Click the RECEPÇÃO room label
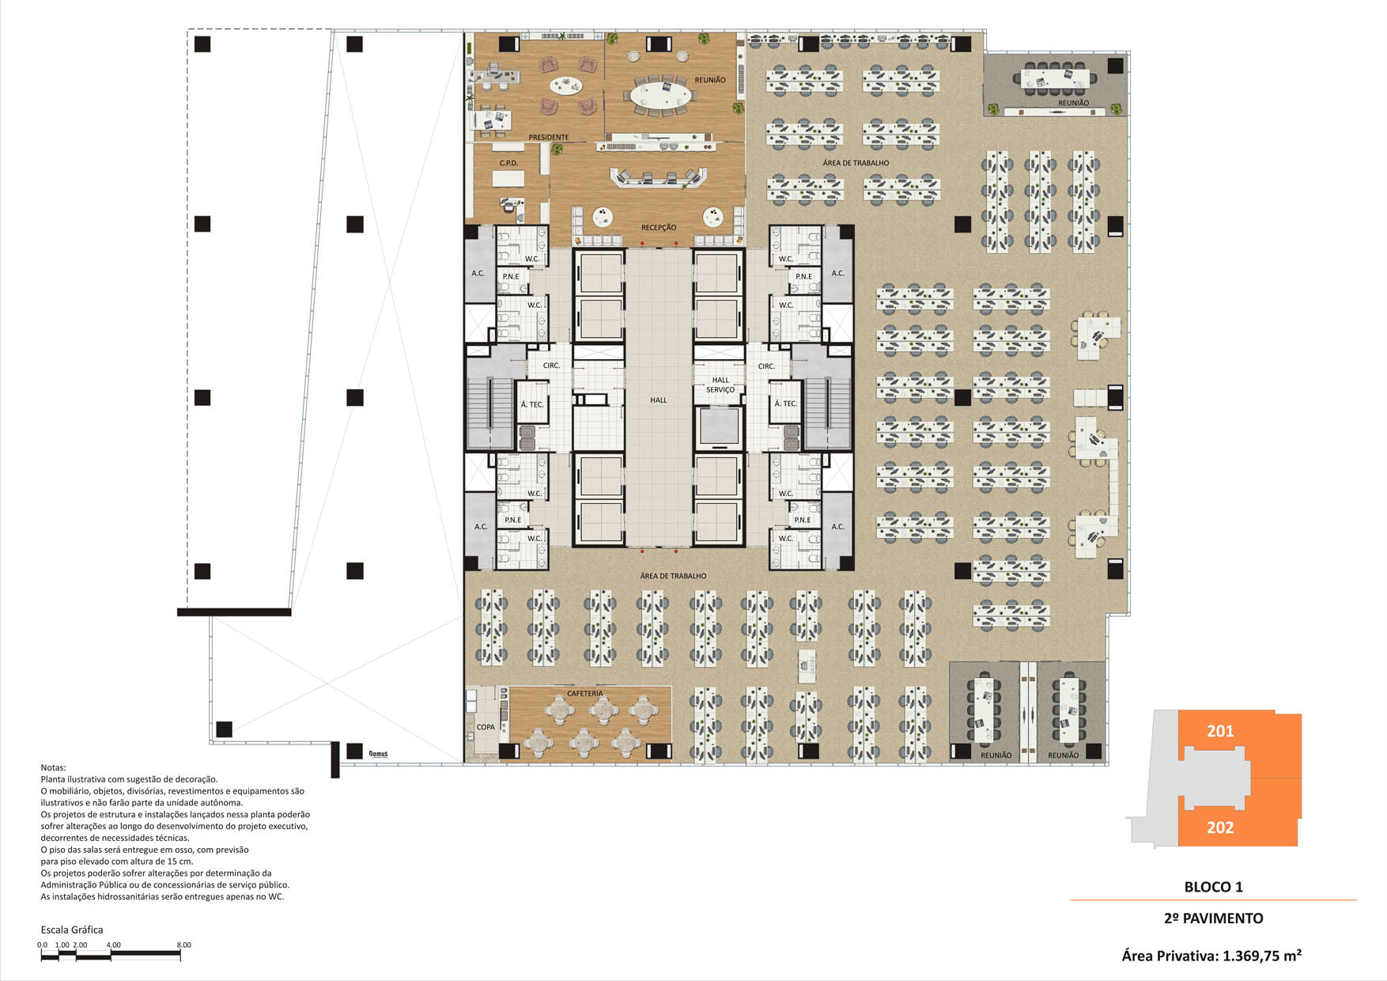point(659,228)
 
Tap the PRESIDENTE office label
point(549,138)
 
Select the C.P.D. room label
point(508,163)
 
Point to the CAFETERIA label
point(585,694)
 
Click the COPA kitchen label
point(486,727)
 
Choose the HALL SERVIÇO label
point(720,384)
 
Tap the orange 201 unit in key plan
point(1239,744)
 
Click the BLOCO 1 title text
point(1213,887)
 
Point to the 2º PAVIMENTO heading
point(1213,919)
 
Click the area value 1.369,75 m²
point(1262,956)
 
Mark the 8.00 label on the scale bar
point(183,945)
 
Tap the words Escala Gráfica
point(72,930)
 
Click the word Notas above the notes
point(54,767)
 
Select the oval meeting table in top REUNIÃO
point(660,96)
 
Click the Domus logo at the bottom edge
point(379,754)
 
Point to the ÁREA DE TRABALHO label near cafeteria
point(674,576)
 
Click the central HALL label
point(659,400)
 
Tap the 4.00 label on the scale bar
point(113,945)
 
